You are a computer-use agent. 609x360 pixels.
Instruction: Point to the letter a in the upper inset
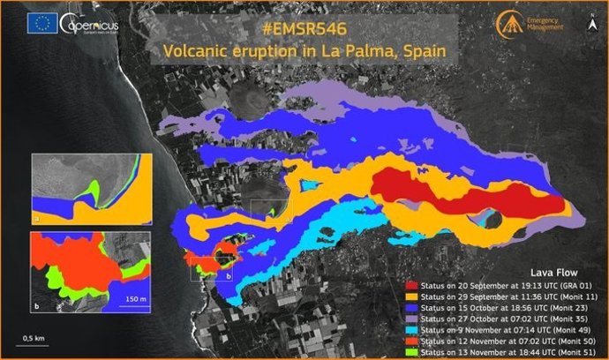(x=36, y=214)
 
